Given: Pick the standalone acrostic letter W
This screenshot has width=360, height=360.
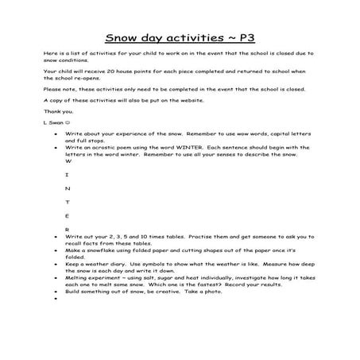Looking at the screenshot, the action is coord(68,161).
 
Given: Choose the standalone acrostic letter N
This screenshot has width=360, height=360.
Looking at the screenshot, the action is coord(68,188).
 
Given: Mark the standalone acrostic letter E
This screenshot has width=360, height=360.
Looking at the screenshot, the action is coord(68,215).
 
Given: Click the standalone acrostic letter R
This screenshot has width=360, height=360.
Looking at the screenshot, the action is coord(68,229).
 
